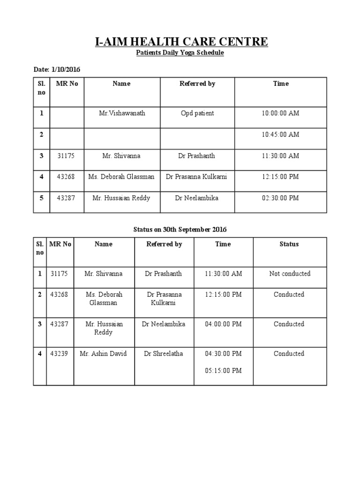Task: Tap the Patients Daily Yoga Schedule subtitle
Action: [180, 53]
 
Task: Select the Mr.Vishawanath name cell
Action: [122, 113]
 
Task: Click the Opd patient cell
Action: [197, 113]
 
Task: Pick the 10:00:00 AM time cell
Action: [280, 113]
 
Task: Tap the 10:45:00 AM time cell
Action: [280, 135]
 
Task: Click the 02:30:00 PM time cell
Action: [280, 198]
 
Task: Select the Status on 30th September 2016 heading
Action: [180, 230]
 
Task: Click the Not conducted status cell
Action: [290, 274]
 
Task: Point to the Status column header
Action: [289, 244]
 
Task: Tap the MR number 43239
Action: [59, 353]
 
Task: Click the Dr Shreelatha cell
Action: [164, 353]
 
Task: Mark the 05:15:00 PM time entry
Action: [223, 370]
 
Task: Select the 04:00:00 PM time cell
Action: [223, 324]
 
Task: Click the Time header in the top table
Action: [281, 84]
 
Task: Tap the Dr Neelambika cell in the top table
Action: [197, 198]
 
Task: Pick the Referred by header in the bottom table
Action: [164, 244]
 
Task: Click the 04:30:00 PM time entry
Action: [223, 353]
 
